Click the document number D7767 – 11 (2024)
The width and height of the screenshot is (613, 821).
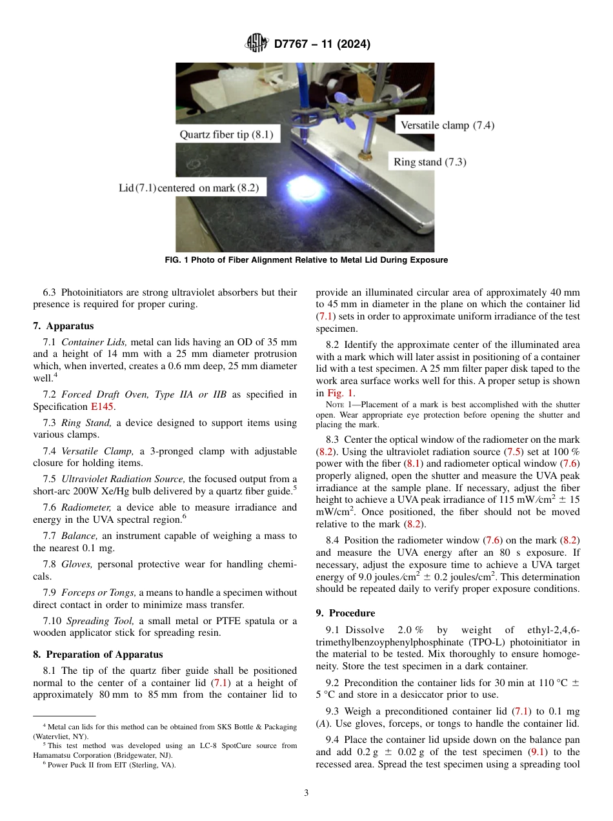point(322,45)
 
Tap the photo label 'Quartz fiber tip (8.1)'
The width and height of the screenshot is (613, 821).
point(226,135)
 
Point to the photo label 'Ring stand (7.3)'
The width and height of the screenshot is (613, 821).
point(430,162)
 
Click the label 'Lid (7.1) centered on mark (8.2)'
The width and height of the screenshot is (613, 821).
point(188,188)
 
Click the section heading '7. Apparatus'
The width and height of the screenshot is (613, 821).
point(63,326)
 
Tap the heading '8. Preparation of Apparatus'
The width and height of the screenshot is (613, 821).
point(97,654)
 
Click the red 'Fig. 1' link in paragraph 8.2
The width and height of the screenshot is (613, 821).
point(339,392)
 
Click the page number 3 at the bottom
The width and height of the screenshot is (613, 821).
point(306,793)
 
